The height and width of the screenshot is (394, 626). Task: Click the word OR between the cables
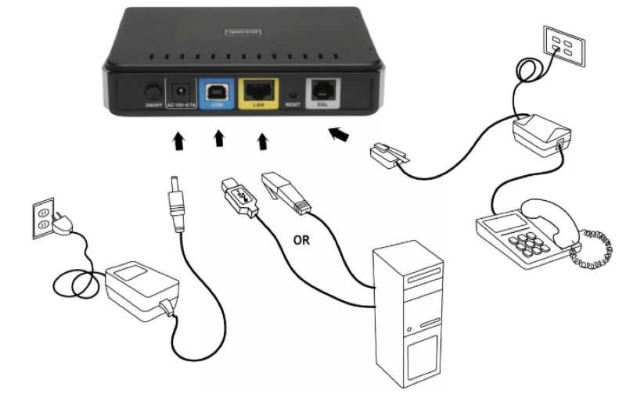coord(300,241)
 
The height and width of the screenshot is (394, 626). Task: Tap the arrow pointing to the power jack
coord(179,141)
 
